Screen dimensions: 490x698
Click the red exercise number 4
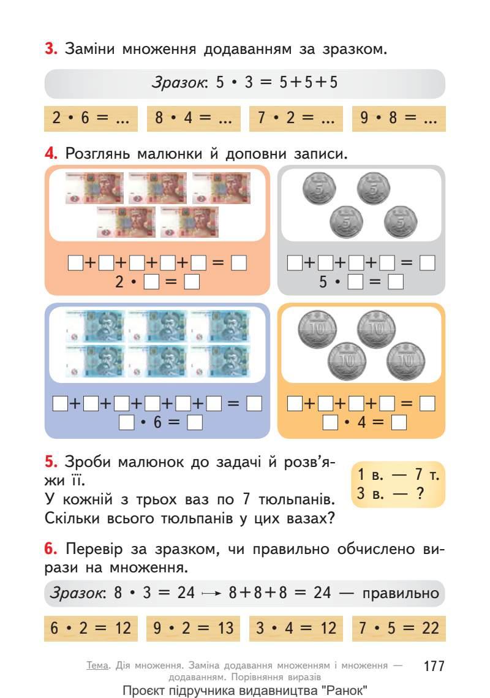pyautogui.click(x=51, y=154)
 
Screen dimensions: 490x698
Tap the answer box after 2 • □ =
pyautogui.click(x=192, y=283)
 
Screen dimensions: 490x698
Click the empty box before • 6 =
pyautogui.click(x=127, y=423)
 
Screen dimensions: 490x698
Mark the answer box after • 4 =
pyautogui.click(x=399, y=423)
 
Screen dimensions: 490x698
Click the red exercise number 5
pyautogui.click(x=51, y=461)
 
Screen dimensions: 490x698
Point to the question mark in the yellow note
pyautogui.click(x=420, y=493)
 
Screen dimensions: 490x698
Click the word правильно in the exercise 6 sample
pyautogui.click(x=401, y=593)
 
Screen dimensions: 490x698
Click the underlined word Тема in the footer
pyautogui.click(x=98, y=665)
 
